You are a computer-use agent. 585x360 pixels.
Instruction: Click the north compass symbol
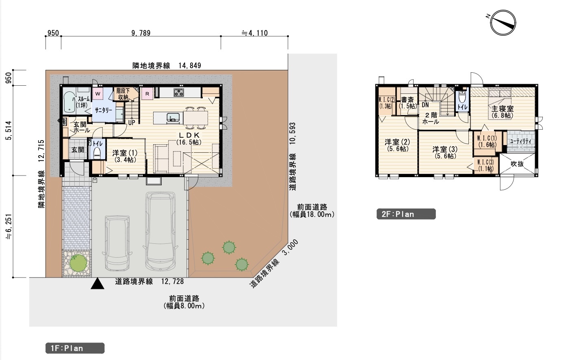tap(503, 23)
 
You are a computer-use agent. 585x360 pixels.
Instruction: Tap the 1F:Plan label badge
tap(75, 348)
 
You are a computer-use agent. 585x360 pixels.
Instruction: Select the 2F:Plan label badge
tap(406, 214)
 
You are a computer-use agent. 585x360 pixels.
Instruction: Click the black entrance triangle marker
tap(97, 284)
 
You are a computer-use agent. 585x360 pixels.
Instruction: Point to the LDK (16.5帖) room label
tap(189, 139)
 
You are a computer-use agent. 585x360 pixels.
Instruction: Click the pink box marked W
tap(97, 94)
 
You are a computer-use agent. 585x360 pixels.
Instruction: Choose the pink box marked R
tap(147, 94)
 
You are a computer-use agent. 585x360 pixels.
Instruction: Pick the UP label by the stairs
tap(132, 122)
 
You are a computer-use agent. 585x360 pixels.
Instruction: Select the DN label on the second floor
tap(425, 105)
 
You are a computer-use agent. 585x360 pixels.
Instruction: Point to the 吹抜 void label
tap(517, 164)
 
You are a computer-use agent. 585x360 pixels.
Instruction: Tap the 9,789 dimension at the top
tap(141, 33)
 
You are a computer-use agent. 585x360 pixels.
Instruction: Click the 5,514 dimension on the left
tap(9, 130)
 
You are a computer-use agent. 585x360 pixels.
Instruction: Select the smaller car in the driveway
tap(117, 243)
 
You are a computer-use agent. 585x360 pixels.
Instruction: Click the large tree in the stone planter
tap(78, 263)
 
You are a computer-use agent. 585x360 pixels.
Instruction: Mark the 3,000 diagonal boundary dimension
tap(290, 247)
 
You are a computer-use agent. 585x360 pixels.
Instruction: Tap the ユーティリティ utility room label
tap(520, 141)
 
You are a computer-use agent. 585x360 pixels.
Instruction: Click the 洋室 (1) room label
tap(125, 156)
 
